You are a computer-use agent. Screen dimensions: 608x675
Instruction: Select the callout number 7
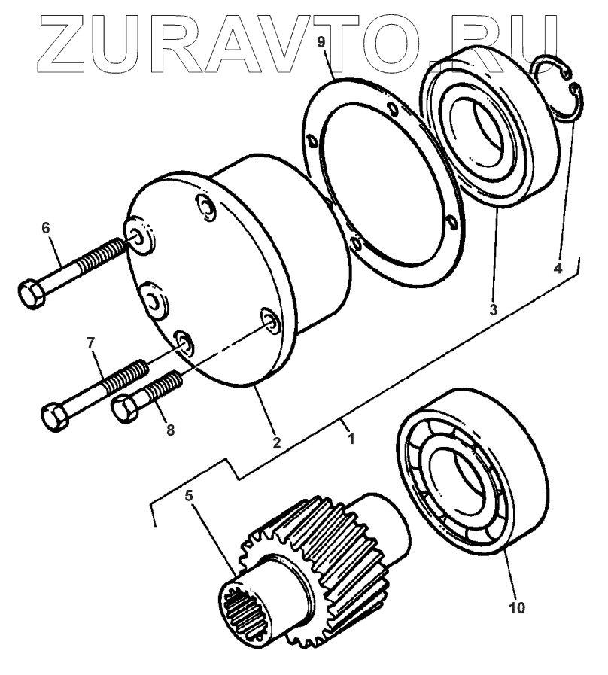click(92, 344)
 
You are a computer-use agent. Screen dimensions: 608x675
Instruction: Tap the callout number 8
click(170, 430)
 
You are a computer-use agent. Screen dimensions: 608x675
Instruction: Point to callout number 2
click(276, 443)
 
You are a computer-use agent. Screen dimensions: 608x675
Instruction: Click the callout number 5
click(189, 497)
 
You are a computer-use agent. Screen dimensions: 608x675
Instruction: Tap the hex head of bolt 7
click(54, 415)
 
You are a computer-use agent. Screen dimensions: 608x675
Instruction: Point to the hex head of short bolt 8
click(125, 408)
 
